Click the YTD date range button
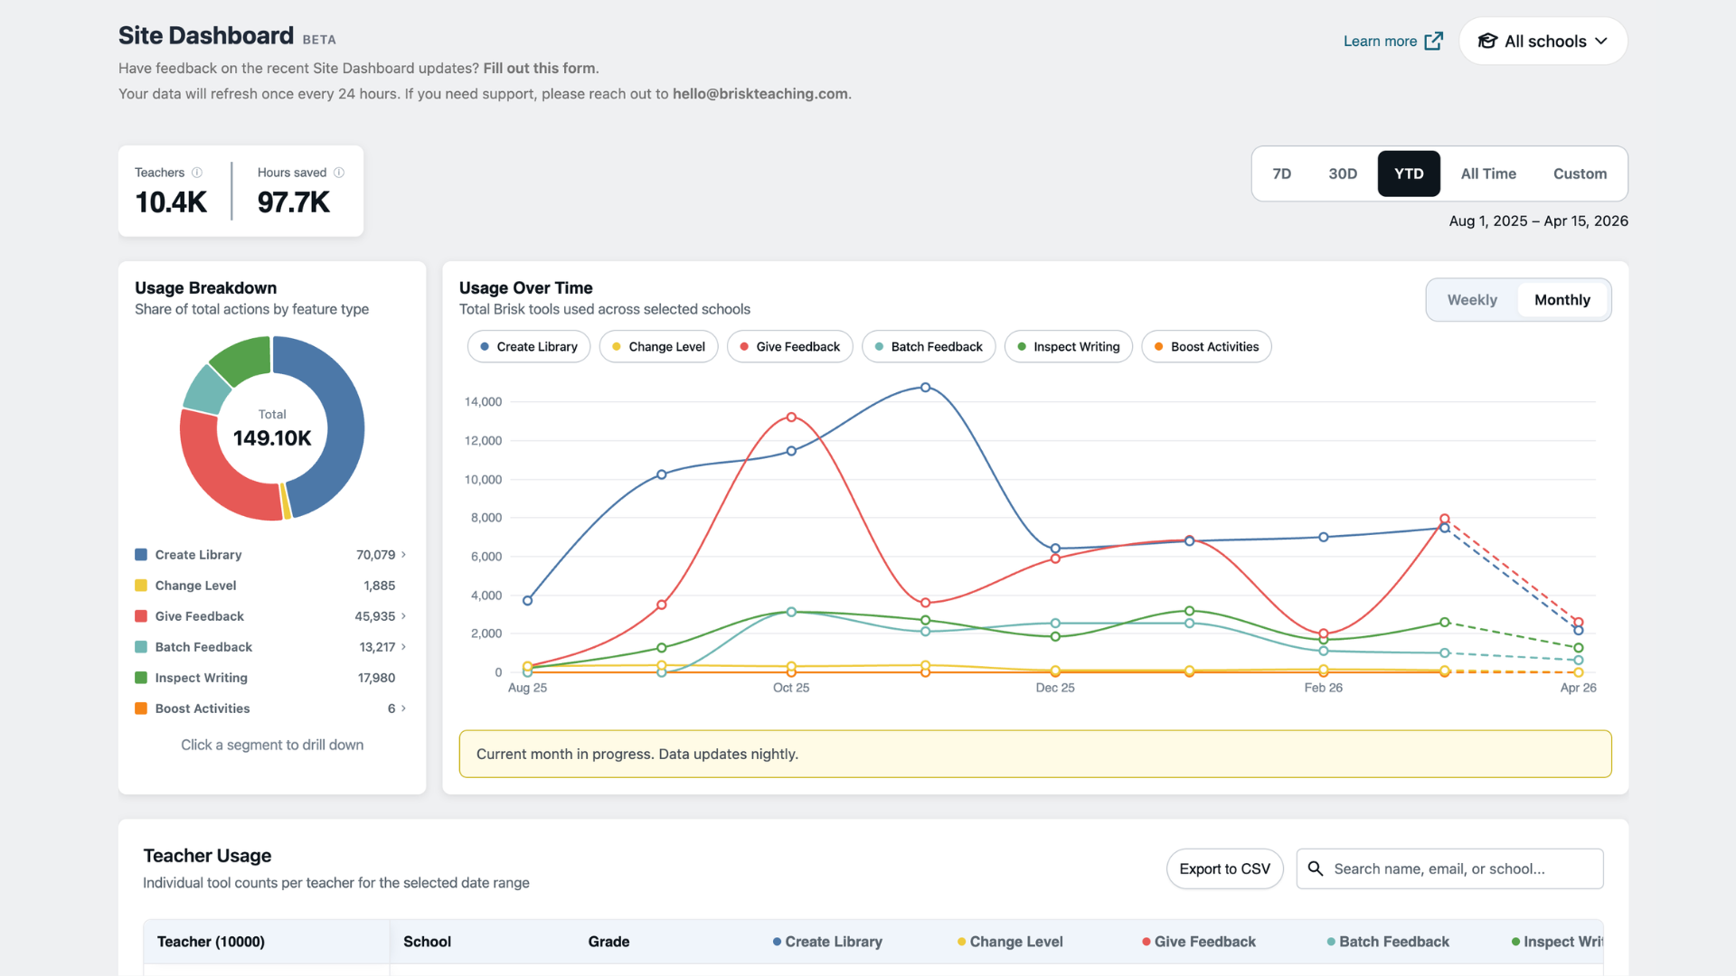(1409, 174)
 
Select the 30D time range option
(1343, 174)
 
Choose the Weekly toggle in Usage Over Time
(1472, 300)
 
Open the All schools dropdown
(1543, 42)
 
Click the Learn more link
(1392, 42)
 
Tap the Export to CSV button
(1224, 868)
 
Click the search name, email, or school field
(1449, 868)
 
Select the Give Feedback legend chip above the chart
(789, 347)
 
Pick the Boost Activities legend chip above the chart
(1206, 347)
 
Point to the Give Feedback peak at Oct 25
(791, 418)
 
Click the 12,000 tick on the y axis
(483, 441)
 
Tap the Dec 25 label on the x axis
(1055, 688)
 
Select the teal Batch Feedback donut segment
(207, 389)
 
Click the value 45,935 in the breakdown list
(374, 616)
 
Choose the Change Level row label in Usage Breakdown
(195, 586)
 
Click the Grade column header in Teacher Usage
(609, 942)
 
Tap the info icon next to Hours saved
(339, 173)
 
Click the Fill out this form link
(539, 68)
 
